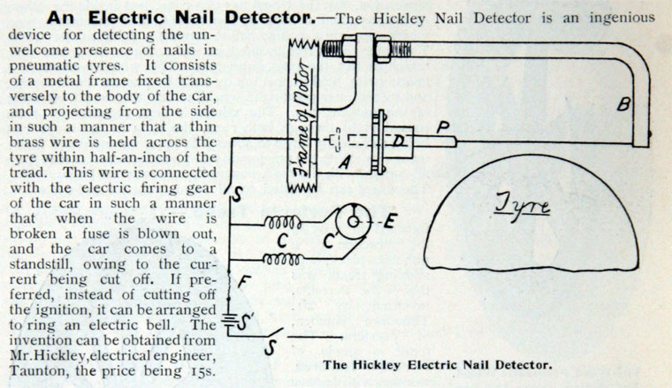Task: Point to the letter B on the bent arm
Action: pos(623,104)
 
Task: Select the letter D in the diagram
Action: pos(399,140)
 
